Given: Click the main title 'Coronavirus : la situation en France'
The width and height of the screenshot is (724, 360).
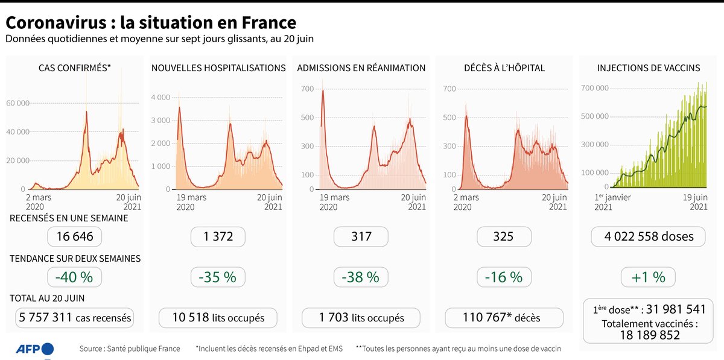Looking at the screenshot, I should (x=151, y=23).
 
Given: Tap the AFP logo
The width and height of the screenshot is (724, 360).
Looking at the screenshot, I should (x=34, y=349).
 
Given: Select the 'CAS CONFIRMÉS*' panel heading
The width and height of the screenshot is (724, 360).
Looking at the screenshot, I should (x=74, y=68).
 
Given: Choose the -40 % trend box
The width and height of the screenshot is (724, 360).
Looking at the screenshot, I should (x=75, y=277).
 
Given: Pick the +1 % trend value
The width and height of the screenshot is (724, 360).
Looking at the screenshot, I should (x=649, y=277).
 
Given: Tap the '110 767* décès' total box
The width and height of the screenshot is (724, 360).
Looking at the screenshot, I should (x=504, y=318).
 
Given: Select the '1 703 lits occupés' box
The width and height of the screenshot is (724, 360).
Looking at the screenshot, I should (x=361, y=318).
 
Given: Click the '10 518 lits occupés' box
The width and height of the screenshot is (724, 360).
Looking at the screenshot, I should (x=218, y=318).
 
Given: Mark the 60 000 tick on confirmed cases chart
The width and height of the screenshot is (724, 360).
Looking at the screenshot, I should (x=18, y=103).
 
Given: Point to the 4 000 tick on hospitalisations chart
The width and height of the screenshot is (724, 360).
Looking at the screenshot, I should (x=160, y=97).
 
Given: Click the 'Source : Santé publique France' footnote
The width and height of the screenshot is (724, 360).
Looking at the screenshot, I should (x=130, y=349).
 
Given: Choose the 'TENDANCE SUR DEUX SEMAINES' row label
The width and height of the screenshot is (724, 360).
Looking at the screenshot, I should (x=75, y=258).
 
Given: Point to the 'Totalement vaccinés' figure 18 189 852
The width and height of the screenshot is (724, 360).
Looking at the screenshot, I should (x=649, y=335).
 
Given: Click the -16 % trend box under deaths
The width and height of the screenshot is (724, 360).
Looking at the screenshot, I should (x=504, y=277).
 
